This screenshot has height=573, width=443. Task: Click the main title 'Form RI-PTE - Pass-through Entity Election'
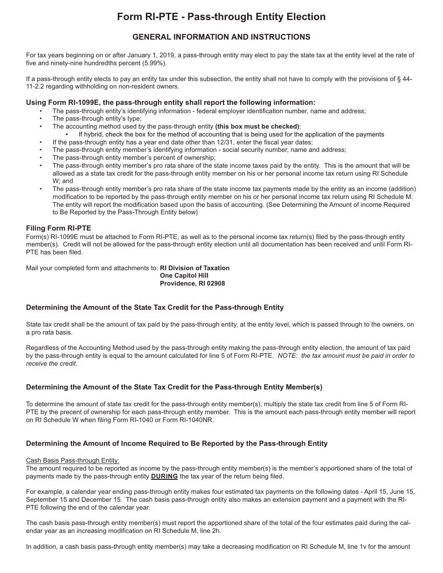click(x=221, y=17)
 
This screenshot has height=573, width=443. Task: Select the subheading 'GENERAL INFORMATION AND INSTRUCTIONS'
click(x=221, y=37)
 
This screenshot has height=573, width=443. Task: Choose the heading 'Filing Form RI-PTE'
click(x=58, y=228)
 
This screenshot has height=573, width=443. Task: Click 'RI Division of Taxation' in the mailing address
click(x=194, y=268)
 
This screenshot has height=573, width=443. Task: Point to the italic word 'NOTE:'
click(x=288, y=355)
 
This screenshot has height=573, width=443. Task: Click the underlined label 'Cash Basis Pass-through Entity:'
click(x=73, y=461)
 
